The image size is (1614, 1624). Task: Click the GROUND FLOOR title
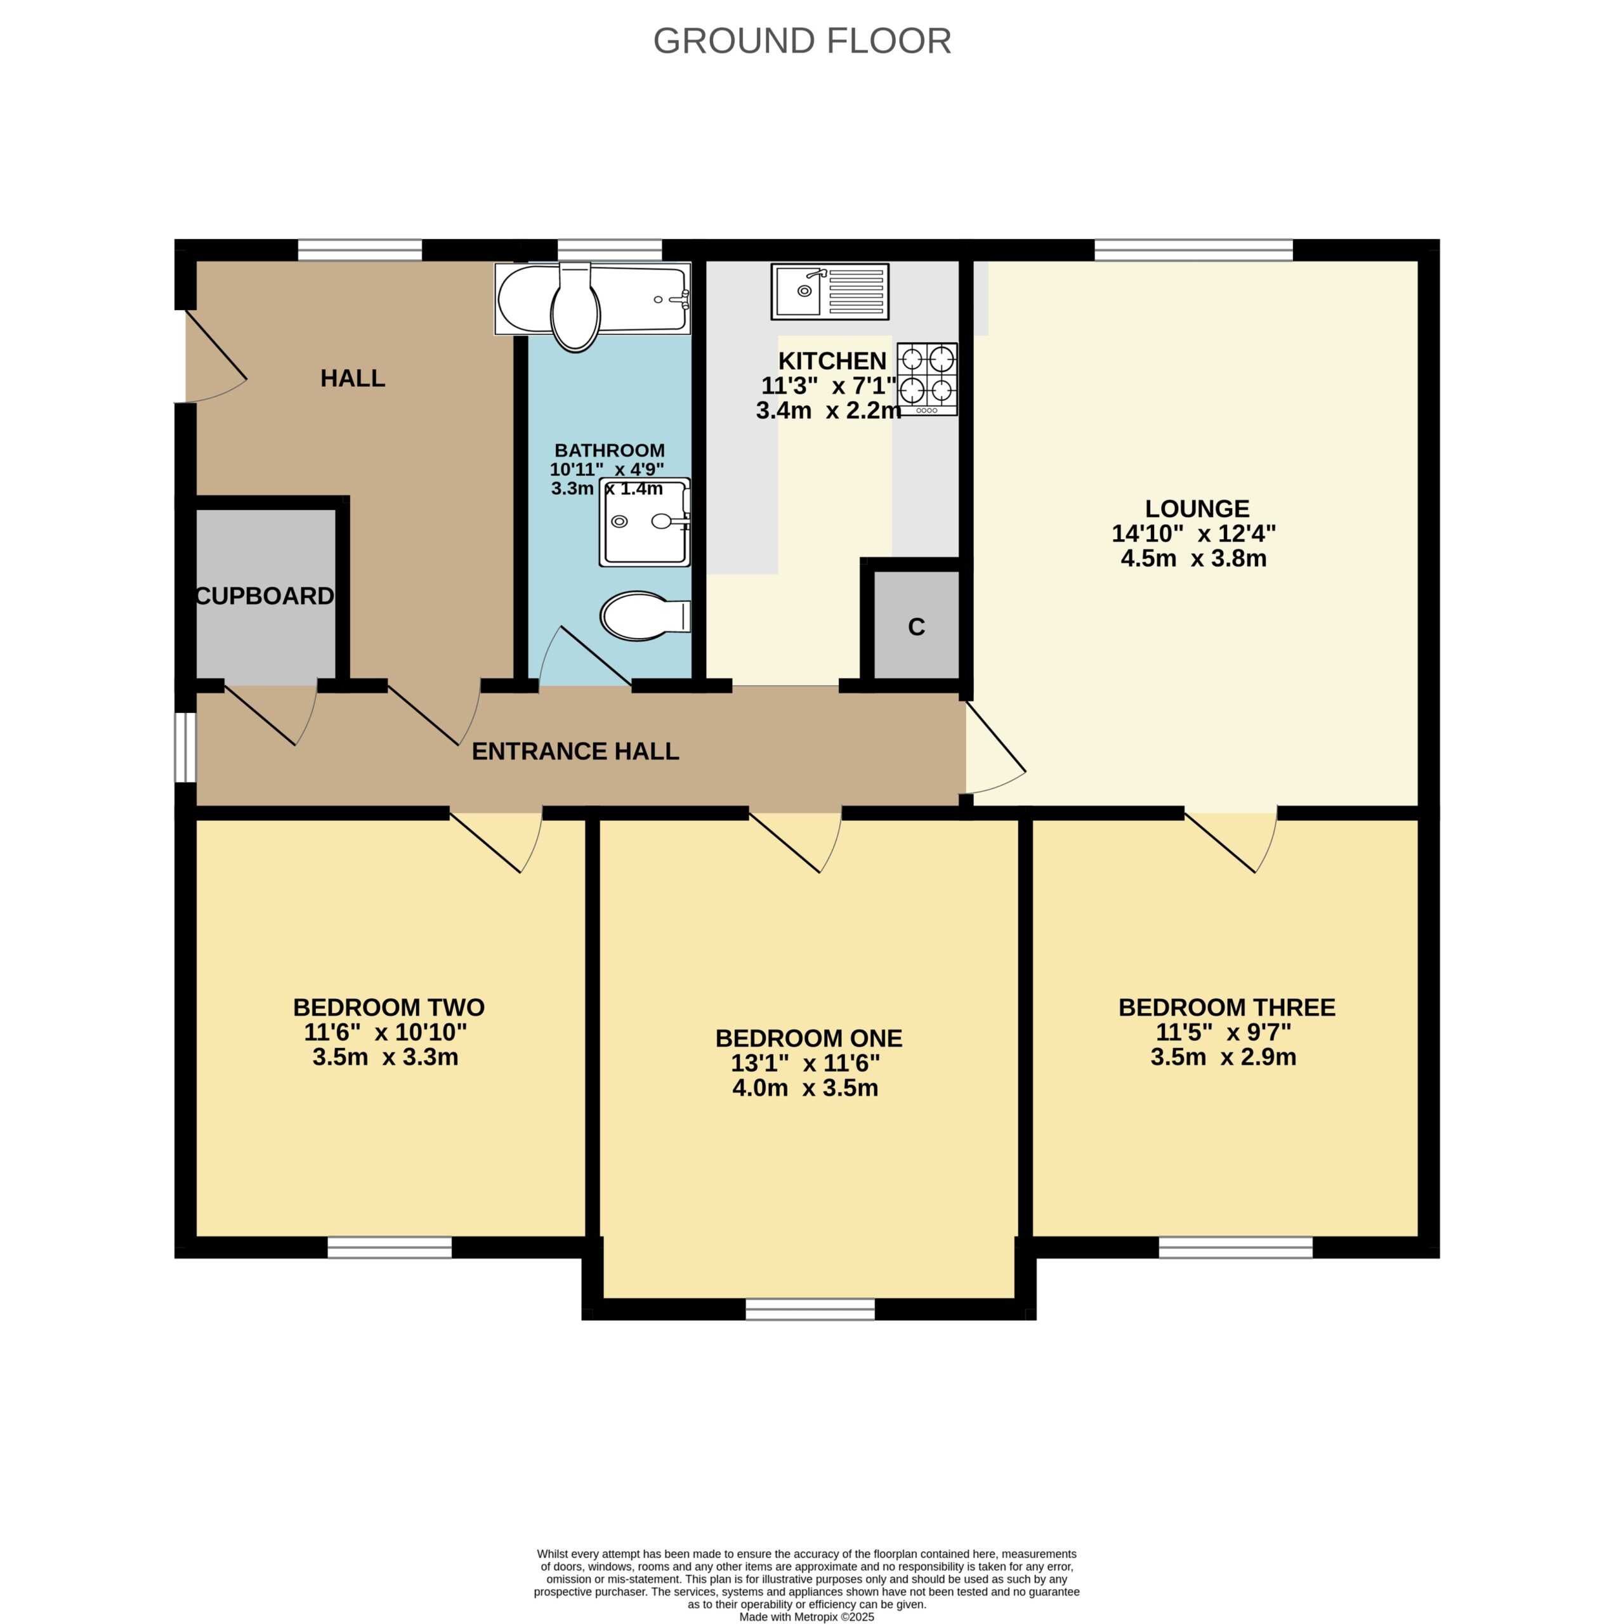point(802,41)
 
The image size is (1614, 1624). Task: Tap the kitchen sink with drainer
point(830,292)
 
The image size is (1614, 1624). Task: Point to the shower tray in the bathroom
point(645,522)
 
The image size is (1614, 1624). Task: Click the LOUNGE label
point(1197,509)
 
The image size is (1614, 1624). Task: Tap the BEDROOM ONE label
point(809,1038)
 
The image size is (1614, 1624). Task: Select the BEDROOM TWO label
point(388,1007)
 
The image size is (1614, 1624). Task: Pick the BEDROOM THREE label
point(1226,1007)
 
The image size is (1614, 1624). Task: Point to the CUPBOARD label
point(265,596)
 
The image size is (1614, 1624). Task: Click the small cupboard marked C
point(916,625)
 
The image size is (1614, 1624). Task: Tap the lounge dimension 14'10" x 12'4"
point(1194,534)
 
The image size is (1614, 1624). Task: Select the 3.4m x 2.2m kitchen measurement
point(829,411)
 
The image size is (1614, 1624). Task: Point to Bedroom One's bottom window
point(810,1309)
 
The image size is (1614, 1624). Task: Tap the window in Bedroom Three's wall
point(1236,1247)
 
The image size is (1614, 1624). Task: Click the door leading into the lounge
point(995,748)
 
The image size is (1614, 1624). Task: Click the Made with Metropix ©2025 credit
point(806,1616)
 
